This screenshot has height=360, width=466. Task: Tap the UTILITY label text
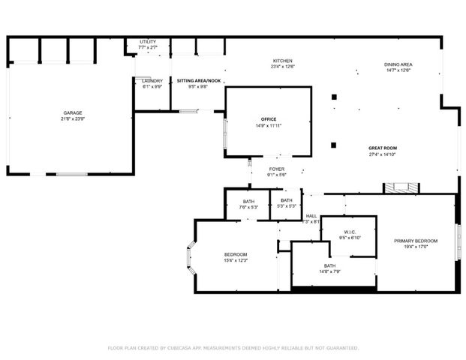tap(148, 42)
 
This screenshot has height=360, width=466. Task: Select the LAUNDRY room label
tap(152, 81)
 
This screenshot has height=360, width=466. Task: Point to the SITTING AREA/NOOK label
tap(199, 80)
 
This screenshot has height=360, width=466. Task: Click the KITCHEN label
tap(282, 61)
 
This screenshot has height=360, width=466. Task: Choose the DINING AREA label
tap(398, 64)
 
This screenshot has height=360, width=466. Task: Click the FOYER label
tap(277, 169)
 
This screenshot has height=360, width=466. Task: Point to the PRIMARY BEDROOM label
tap(416, 241)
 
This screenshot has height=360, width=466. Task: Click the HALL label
tap(311, 216)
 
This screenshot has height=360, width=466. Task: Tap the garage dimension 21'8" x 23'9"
tap(72, 120)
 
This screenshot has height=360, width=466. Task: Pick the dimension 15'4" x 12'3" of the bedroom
tap(236, 261)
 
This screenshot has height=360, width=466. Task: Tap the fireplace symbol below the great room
tap(396, 187)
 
